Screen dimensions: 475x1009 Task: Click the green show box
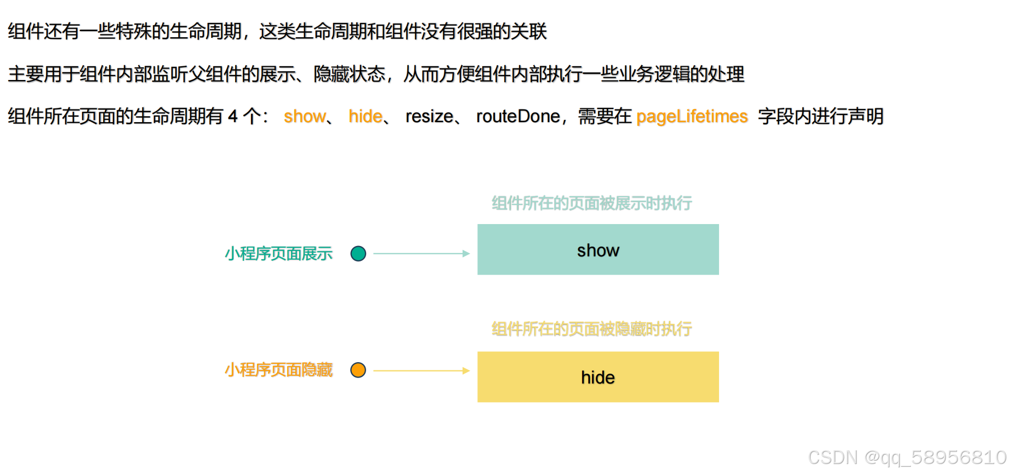click(597, 250)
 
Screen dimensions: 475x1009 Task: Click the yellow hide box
click(597, 377)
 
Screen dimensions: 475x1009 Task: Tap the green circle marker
click(358, 254)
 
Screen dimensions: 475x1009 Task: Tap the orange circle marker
click(358, 370)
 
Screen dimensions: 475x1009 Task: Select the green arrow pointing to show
click(421, 254)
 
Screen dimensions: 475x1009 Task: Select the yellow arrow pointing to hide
click(421, 371)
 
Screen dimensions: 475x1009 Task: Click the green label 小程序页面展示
click(278, 254)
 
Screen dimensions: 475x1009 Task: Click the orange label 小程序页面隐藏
click(278, 370)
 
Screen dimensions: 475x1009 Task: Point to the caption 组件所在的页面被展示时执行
click(591, 203)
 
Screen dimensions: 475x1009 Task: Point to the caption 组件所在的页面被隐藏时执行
click(591, 329)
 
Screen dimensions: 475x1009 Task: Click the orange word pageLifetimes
click(692, 117)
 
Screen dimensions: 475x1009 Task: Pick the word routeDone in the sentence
click(518, 117)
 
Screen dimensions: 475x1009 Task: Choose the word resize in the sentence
click(429, 117)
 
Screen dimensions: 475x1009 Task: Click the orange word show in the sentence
click(305, 117)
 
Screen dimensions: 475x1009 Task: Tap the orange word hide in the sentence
click(366, 117)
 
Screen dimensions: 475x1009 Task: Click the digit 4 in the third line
click(233, 117)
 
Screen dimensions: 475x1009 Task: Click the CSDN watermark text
click(907, 457)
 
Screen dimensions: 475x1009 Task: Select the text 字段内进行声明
click(820, 117)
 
